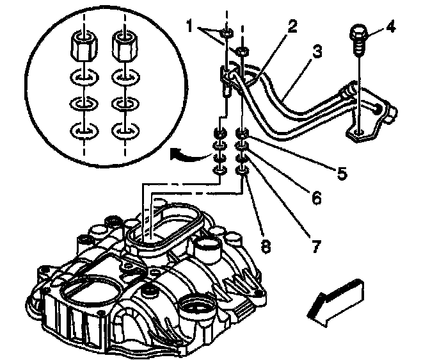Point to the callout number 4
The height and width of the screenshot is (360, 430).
tap(390, 28)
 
